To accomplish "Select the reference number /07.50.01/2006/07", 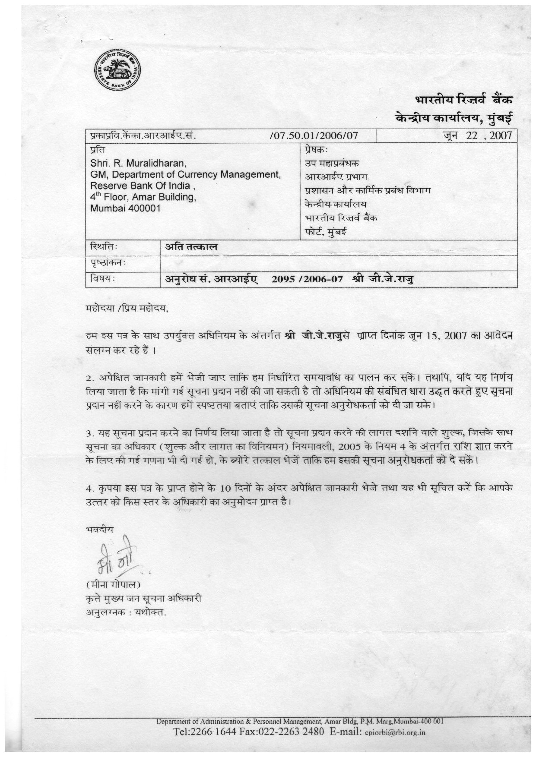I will coord(314,136).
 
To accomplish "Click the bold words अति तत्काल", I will coord(192,247).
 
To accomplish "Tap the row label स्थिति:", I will coord(104,247).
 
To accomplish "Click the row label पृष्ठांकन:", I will coord(108,263).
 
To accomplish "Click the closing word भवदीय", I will coord(100,529).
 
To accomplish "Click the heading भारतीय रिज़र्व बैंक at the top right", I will coord(464,99).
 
